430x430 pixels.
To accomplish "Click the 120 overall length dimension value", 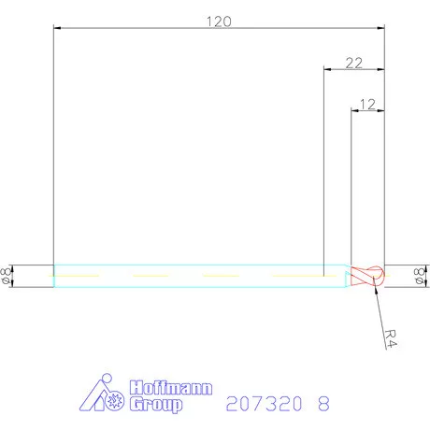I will click(218, 19).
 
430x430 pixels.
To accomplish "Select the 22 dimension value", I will click(353, 63).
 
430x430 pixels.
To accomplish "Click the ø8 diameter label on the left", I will click(7, 275).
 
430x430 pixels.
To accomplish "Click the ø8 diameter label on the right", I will click(418, 275).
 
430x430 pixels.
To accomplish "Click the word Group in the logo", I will click(156, 405).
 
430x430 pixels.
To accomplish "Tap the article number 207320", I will click(264, 404).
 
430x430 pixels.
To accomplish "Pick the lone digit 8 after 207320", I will click(323, 404).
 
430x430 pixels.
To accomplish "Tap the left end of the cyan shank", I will click(54, 276).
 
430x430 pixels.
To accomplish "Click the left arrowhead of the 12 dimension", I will click(353, 110).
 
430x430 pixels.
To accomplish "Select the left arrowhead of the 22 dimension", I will click(325, 70).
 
